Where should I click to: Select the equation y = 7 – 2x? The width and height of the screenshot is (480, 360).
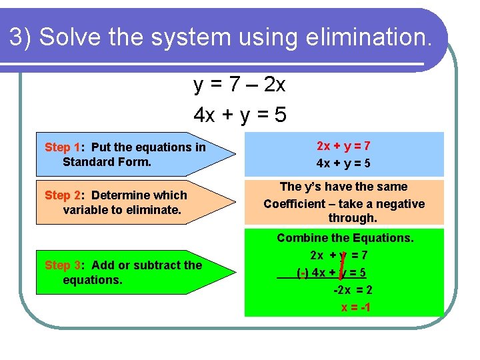(x=239, y=85)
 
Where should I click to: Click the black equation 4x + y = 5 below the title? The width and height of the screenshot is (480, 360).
(x=239, y=115)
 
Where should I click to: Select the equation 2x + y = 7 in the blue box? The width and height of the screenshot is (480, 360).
(x=343, y=146)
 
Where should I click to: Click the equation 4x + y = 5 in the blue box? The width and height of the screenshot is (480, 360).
(x=343, y=163)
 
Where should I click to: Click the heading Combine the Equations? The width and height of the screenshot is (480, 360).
(x=345, y=238)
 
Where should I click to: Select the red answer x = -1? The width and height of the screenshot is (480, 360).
(x=355, y=307)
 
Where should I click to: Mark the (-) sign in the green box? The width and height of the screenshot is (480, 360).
(x=302, y=273)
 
